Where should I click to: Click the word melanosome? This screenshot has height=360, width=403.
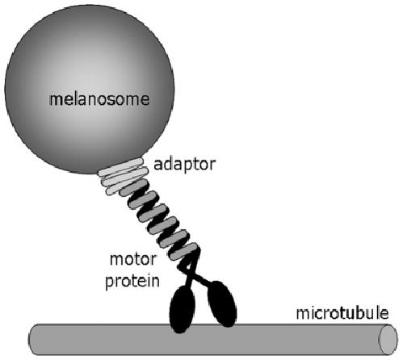(99, 99)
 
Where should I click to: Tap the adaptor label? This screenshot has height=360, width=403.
(184, 165)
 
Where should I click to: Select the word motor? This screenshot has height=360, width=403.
(133, 259)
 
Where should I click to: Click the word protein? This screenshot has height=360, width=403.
(132, 282)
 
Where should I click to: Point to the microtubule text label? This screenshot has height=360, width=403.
(342, 313)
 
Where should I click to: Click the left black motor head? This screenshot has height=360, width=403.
(182, 309)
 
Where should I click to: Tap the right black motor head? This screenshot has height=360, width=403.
(222, 303)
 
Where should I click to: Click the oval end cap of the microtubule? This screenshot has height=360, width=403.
(388, 340)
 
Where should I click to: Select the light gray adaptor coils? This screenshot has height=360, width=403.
(124, 176)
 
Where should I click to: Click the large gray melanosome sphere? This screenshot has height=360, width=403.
(90, 90)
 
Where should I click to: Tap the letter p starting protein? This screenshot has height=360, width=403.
(110, 283)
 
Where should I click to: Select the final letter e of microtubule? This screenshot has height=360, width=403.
(385, 314)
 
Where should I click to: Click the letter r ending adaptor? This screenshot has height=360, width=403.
(212, 165)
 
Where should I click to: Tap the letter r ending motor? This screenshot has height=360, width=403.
(153, 261)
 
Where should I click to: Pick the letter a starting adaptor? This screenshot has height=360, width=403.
(157, 165)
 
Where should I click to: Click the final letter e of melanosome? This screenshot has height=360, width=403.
(145, 100)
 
